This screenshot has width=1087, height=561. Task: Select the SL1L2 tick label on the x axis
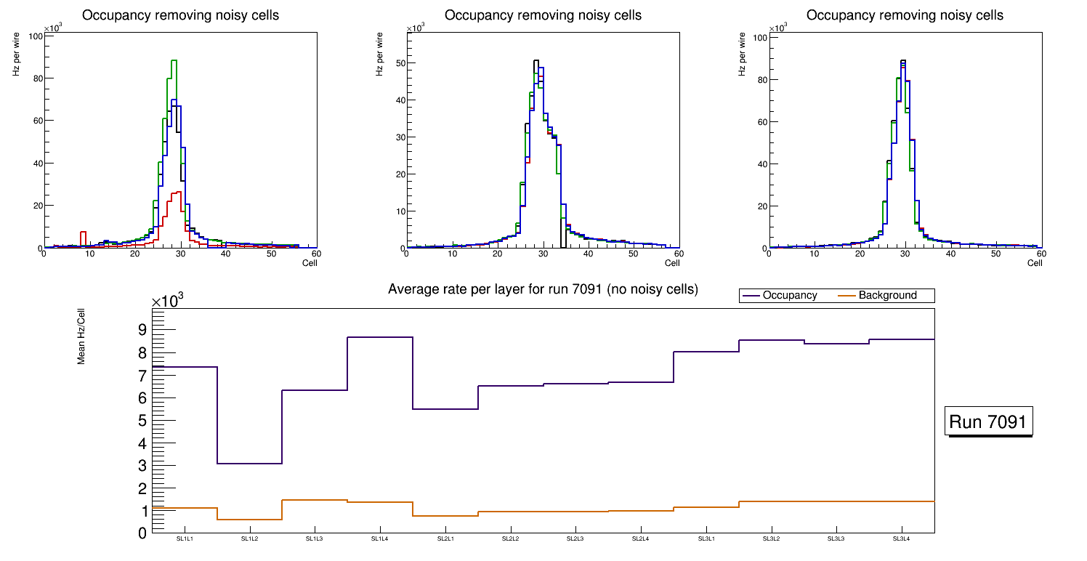click(x=249, y=538)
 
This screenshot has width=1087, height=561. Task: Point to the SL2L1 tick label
click(x=445, y=538)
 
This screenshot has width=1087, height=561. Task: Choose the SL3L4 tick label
click(x=902, y=538)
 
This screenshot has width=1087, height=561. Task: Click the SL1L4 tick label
click(x=380, y=538)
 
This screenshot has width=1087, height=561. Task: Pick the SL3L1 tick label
click(x=706, y=538)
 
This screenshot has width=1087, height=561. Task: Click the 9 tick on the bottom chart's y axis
click(x=142, y=330)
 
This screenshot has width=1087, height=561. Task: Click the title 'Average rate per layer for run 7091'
click(x=543, y=289)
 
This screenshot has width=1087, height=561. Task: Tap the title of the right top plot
click(x=905, y=15)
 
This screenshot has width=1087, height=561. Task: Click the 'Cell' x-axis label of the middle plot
click(x=672, y=263)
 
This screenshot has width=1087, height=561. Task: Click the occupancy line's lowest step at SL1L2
click(x=249, y=464)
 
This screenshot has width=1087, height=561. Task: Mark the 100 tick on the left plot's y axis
click(x=34, y=36)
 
